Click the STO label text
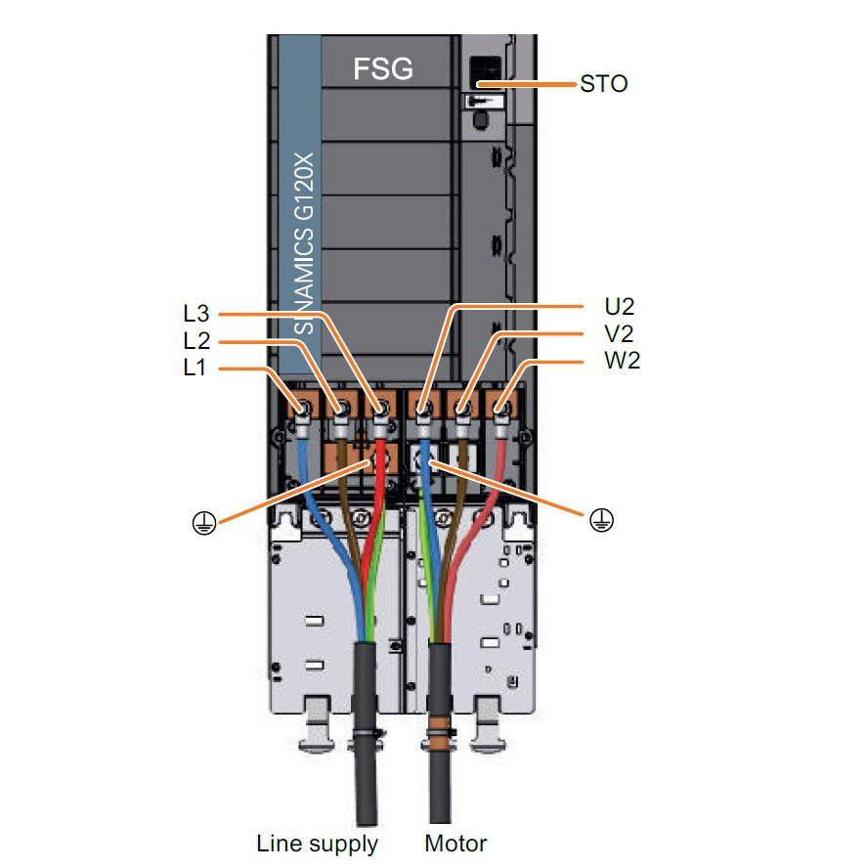(603, 84)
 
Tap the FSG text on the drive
(382, 68)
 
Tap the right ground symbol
(601, 521)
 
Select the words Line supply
(317, 843)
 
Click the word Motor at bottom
(455, 843)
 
